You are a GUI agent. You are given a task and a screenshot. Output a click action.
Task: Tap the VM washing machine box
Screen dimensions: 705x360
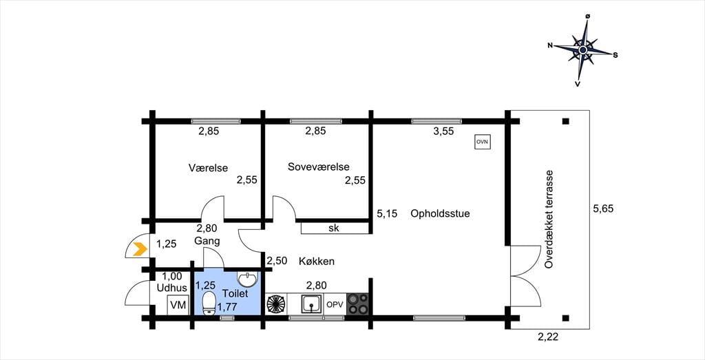click(x=178, y=306)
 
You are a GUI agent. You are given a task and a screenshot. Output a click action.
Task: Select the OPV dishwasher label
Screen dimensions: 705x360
click(x=335, y=304)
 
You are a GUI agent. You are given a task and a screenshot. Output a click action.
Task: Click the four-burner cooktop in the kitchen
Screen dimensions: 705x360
click(x=357, y=304)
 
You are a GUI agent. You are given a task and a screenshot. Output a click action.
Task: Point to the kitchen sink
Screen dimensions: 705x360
click(x=311, y=304)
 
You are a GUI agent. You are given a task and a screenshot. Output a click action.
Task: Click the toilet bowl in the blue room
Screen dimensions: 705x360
click(x=209, y=304)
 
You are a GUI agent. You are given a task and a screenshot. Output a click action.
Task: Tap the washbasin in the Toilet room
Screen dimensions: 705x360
click(x=248, y=279)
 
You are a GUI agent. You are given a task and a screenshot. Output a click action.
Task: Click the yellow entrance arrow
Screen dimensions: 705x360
click(x=140, y=248)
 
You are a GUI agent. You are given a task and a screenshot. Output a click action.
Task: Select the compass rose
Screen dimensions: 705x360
click(x=582, y=50)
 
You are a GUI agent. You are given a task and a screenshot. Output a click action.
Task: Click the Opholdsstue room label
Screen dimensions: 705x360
click(x=440, y=213)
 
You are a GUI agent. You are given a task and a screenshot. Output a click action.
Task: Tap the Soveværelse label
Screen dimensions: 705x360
click(x=319, y=167)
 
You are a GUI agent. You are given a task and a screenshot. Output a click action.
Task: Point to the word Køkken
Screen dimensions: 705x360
click(x=317, y=261)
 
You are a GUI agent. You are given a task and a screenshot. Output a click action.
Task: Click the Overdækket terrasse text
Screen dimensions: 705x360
click(x=548, y=220)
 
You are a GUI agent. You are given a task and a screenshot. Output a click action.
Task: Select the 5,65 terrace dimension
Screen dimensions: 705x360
click(x=603, y=209)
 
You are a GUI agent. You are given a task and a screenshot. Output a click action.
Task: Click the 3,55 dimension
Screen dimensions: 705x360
click(x=443, y=131)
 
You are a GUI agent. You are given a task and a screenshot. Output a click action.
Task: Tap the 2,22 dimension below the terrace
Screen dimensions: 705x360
click(x=549, y=337)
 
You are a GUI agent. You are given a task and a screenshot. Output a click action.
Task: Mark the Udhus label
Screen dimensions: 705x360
click(x=171, y=288)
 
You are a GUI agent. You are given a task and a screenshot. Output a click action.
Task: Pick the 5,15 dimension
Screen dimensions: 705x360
click(x=387, y=214)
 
